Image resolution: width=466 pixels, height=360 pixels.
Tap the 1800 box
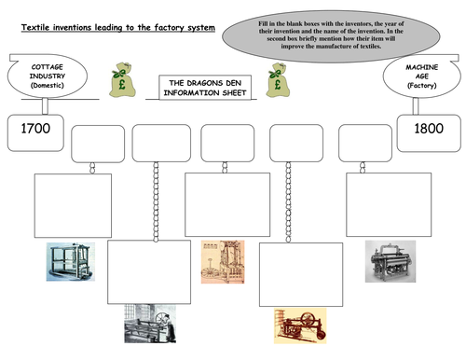tap(423, 137)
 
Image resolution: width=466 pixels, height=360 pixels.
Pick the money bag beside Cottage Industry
tap(122, 81)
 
